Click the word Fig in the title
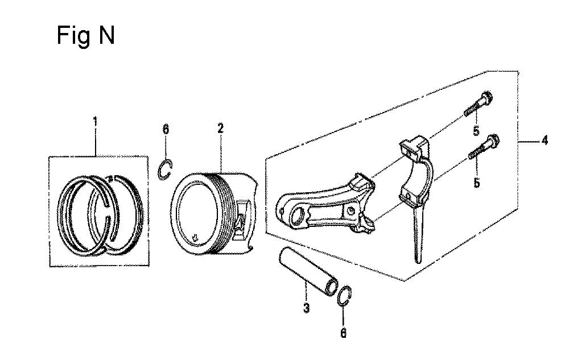73,36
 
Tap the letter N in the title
107,35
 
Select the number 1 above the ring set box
96,122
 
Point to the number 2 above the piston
221,129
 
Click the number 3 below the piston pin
306,308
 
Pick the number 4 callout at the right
545,140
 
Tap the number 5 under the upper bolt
476,131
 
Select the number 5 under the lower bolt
476,183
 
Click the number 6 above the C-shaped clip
166,129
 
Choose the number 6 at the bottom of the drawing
343,333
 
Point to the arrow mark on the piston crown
195,238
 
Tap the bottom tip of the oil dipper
418,261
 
